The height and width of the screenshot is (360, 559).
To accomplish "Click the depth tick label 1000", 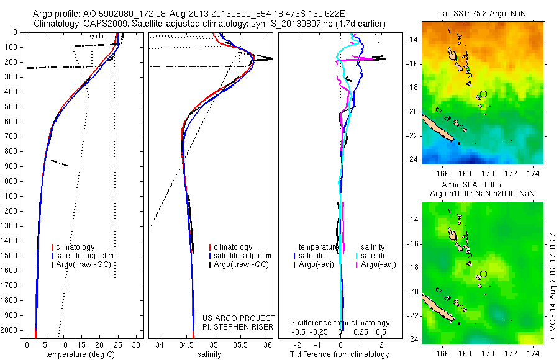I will click(x=10, y=181).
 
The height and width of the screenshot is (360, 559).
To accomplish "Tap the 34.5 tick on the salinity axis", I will click(x=186, y=345).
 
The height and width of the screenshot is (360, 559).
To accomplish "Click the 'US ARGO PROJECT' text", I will click(x=239, y=318).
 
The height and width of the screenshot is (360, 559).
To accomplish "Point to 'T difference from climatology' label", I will click(x=340, y=354).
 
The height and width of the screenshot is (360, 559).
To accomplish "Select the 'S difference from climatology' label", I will click(x=340, y=323).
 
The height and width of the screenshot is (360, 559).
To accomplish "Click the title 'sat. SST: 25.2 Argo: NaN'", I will click(x=483, y=11).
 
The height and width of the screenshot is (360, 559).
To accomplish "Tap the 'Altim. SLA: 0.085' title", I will click(x=483, y=185).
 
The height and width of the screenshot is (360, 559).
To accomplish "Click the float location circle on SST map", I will click(x=484, y=93).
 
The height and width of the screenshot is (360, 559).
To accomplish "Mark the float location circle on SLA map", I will click(x=484, y=273).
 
